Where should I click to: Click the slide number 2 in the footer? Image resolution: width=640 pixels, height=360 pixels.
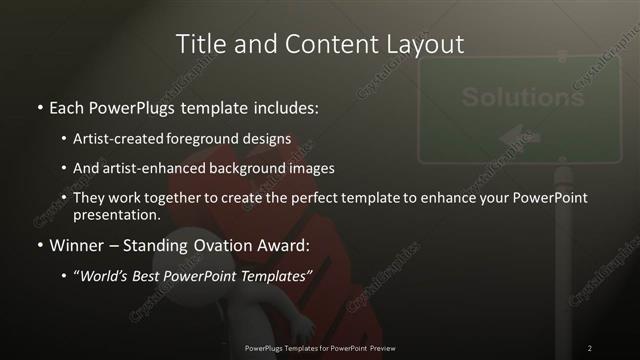[589, 348]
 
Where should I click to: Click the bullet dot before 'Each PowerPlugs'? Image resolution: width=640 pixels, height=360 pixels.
[39, 106]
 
